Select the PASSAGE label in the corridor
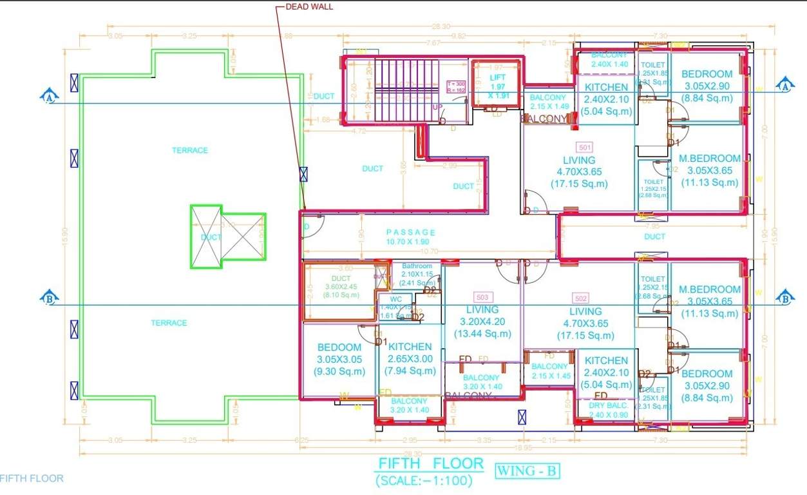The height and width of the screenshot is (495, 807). tap(411, 232)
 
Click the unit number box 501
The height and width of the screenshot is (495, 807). tap(585, 147)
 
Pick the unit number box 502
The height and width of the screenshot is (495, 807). tap(580, 298)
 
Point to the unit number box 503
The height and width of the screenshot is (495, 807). tap(481, 297)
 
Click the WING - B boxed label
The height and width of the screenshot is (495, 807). tap(526, 471)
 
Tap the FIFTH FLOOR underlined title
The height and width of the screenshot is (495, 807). tap(430, 463)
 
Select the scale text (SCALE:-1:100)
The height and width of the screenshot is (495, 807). tap(424, 480)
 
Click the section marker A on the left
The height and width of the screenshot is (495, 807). tap(50, 97)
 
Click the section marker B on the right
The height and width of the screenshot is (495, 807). tap(784, 298)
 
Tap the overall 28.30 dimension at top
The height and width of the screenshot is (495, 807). tap(441, 26)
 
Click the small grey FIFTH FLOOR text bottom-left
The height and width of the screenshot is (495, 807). tap(32, 478)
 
